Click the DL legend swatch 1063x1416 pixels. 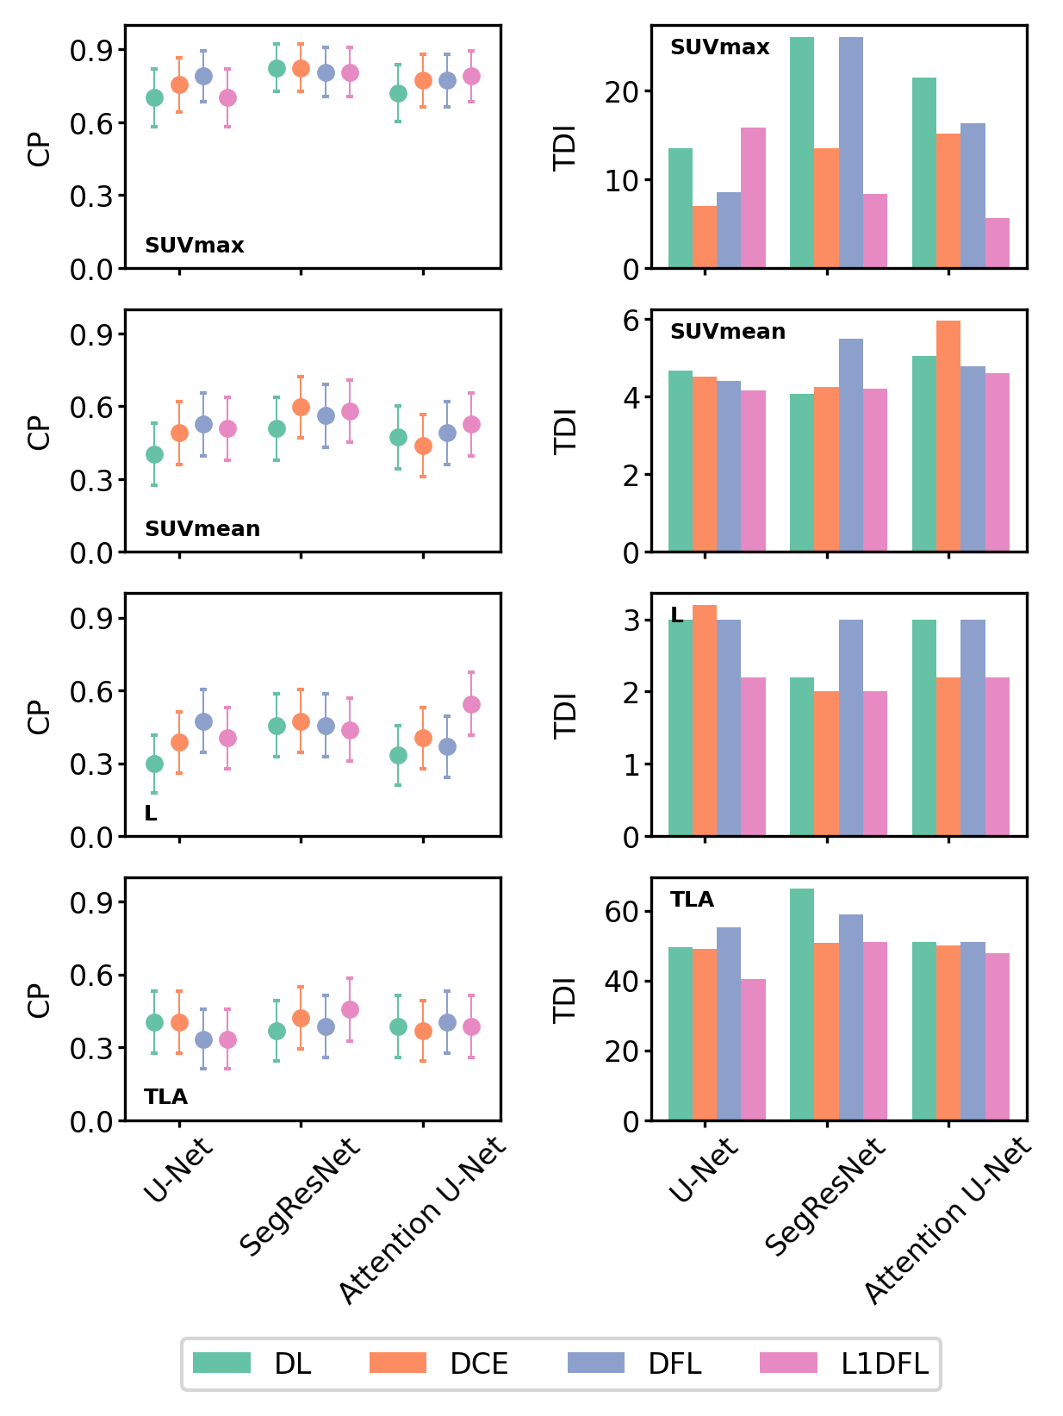click(221, 1363)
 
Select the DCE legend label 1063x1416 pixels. click(479, 1363)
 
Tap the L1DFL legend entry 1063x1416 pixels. click(885, 1363)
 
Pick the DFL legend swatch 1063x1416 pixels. click(596, 1363)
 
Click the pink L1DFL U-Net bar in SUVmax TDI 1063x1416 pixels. click(753, 198)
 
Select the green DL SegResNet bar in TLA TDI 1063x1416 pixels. click(802, 1004)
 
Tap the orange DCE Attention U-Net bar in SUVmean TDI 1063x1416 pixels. click(948, 436)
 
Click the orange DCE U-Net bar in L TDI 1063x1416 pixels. click(705, 720)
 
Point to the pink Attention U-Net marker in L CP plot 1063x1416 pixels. click(471, 704)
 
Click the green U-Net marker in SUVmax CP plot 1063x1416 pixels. click(154, 97)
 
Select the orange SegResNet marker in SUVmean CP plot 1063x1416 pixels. click(301, 407)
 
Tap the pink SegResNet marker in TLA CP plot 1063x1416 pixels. click(350, 1009)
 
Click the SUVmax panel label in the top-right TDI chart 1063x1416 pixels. click(719, 47)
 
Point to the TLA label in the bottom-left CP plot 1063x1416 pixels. click(165, 1097)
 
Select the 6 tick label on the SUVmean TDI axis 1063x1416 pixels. click(631, 320)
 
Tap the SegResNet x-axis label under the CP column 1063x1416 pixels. click(299, 1198)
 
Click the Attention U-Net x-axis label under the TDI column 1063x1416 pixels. click(948, 1220)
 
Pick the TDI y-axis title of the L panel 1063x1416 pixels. click(564, 715)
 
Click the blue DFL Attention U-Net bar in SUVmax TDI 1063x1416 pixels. click(973, 196)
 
